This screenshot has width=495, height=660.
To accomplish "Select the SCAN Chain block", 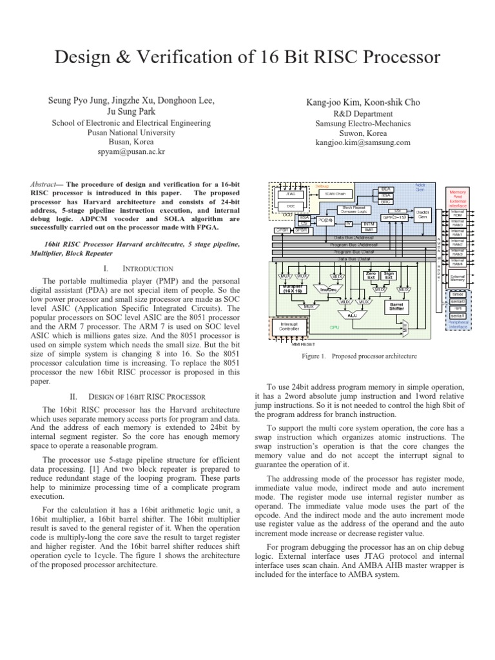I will (335, 193).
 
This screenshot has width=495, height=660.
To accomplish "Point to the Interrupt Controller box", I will (289, 327).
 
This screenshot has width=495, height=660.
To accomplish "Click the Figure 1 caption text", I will (360, 356).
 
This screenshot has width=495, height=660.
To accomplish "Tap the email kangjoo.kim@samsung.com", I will (362, 142).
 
